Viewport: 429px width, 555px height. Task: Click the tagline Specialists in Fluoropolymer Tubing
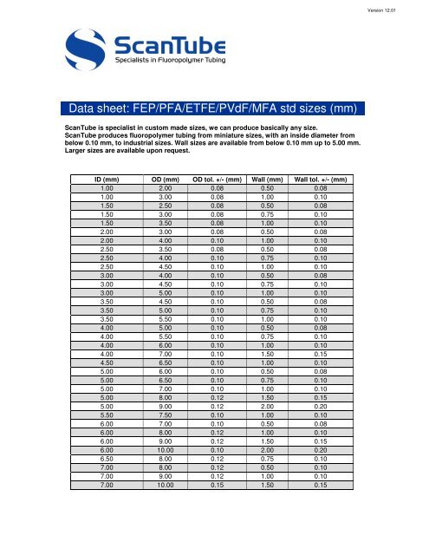point(170,68)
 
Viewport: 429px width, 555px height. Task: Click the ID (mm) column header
point(107,180)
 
